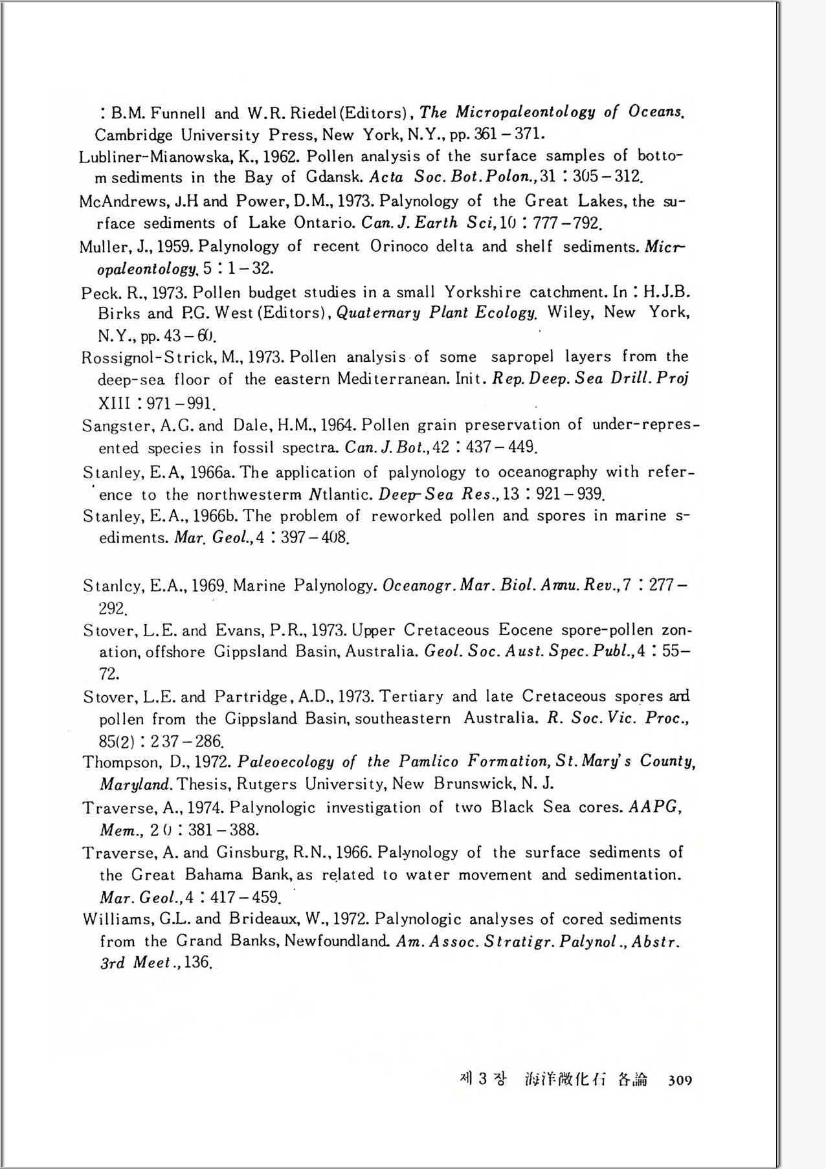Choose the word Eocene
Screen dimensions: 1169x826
pos(526,630)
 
